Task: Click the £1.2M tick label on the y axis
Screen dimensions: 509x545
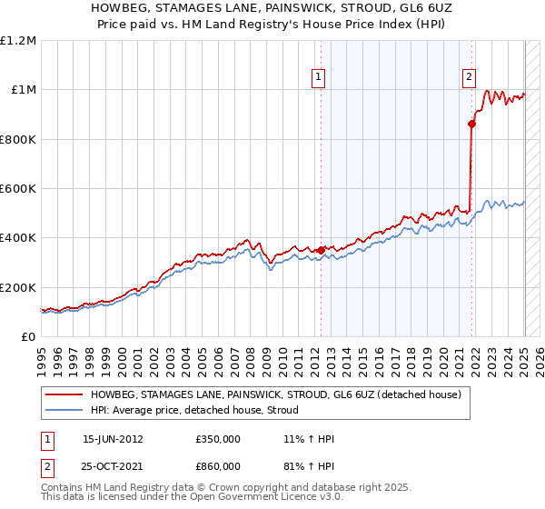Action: tap(18, 41)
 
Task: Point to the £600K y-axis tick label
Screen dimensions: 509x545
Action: tap(18, 189)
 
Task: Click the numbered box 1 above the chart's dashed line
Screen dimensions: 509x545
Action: tap(320, 78)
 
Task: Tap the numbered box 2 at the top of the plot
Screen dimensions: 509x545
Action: tap(470, 78)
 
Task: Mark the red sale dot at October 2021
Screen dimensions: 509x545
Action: tap(471, 125)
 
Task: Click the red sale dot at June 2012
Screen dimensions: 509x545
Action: tap(321, 250)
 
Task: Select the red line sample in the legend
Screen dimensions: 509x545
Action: tap(64, 394)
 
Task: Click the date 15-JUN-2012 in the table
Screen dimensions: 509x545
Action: tap(113, 439)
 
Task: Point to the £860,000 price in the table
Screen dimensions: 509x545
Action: tap(217, 466)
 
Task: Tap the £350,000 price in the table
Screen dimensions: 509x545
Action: tap(217, 439)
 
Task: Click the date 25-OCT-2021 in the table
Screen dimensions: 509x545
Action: tap(113, 466)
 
